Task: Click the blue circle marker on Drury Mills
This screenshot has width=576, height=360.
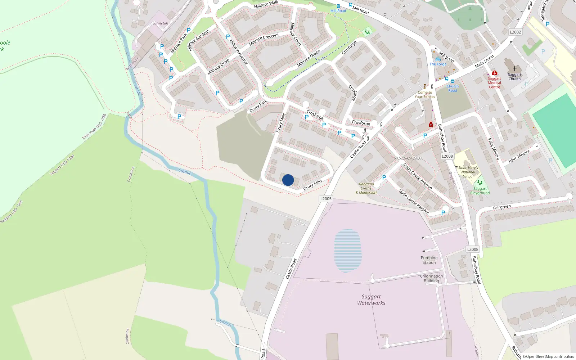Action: [x=288, y=180]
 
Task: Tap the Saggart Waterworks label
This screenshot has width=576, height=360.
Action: [x=371, y=300]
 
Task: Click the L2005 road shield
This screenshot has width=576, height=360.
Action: [x=326, y=199]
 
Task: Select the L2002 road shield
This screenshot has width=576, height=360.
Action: [x=515, y=32]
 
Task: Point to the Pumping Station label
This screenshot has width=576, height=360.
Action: [x=429, y=260]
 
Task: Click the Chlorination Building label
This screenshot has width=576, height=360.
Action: [x=431, y=278]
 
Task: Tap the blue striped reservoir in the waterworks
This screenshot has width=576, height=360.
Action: [x=347, y=251]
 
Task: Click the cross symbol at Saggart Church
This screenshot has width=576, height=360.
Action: [x=515, y=68]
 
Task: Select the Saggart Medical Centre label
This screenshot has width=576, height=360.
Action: [x=494, y=83]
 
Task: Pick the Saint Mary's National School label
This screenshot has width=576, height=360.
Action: [x=468, y=172]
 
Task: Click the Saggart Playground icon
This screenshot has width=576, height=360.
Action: [x=480, y=183]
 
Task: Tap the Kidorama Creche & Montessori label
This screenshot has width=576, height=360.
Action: [x=366, y=188]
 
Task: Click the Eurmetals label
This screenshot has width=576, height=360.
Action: [x=160, y=23]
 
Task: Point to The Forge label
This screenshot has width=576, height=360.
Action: [x=438, y=64]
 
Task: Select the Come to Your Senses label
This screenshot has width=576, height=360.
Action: [x=425, y=94]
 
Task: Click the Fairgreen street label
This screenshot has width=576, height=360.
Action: [x=502, y=207]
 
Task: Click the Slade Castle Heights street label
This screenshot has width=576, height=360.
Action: [x=414, y=202]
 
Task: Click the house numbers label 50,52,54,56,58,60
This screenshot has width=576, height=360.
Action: [x=408, y=158]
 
